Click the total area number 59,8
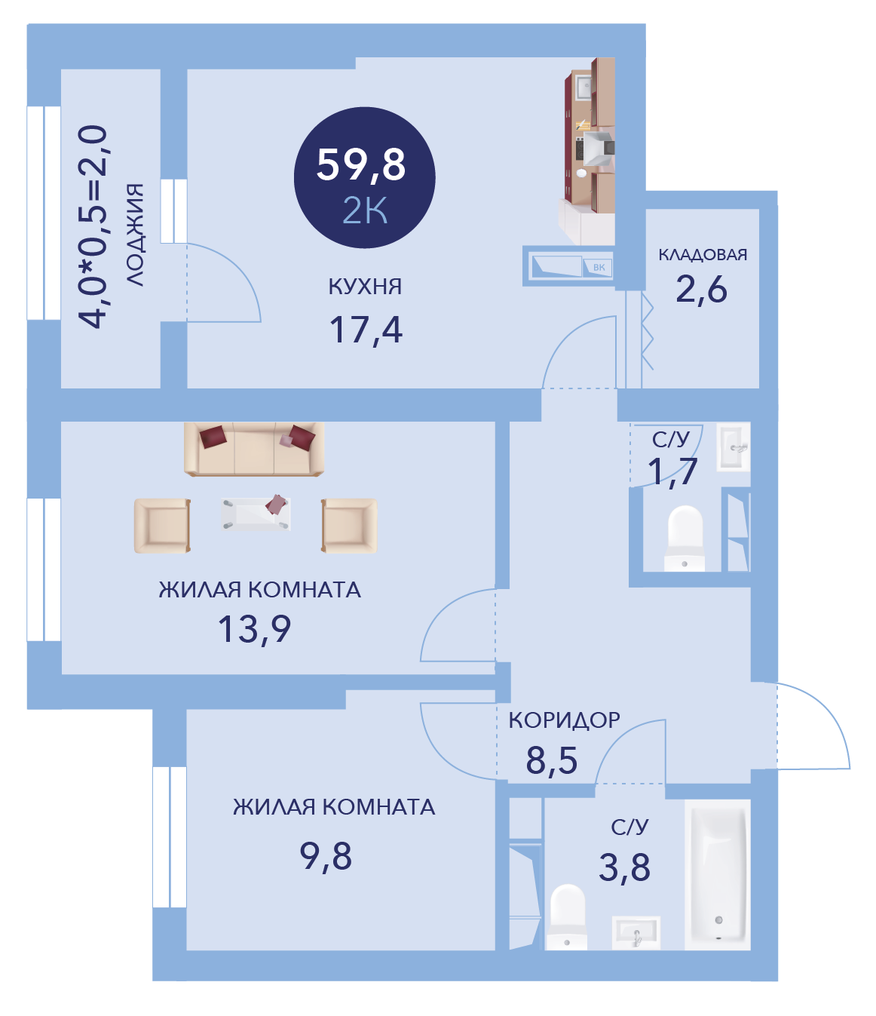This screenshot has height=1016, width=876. click(361, 165)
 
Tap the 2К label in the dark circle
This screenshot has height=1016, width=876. click(365, 210)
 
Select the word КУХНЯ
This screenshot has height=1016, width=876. click(365, 286)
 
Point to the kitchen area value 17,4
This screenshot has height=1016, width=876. click(366, 330)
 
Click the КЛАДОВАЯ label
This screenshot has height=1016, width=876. click(703, 255)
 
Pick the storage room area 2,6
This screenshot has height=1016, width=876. click(701, 290)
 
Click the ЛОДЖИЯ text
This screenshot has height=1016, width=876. click(135, 235)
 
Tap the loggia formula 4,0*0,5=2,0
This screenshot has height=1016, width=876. click(93, 226)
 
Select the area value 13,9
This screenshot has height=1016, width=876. click(254, 629)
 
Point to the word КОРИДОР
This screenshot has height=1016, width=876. click(564, 720)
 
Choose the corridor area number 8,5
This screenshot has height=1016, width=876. click(551, 760)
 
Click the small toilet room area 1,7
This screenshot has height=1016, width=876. click(672, 472)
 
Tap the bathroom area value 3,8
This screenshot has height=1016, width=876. click(624, 867)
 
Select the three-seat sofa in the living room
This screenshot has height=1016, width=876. click(254, 449)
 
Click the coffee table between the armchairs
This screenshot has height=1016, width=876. click(256, 513)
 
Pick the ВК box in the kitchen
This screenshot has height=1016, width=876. click(599, 268)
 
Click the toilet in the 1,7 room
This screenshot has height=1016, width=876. click(685, 538)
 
